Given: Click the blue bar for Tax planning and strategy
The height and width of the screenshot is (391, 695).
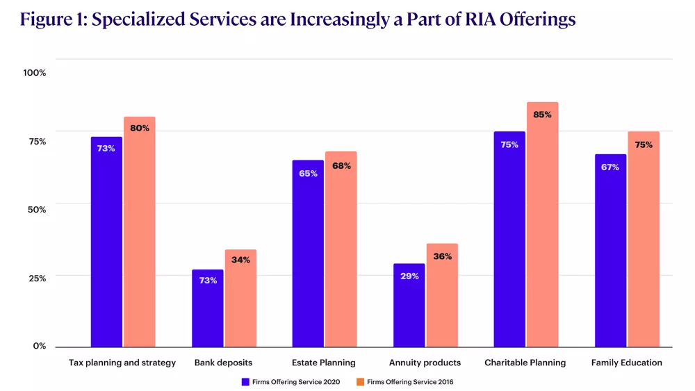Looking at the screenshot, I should point(106,243).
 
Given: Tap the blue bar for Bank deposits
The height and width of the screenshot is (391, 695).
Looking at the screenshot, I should point(207,309).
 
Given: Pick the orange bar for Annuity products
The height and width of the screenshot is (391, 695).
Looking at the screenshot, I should point(441,299).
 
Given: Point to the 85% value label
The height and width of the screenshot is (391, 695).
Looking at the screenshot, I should point(542,115).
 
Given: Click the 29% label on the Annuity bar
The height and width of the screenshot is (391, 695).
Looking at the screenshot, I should point(409,276).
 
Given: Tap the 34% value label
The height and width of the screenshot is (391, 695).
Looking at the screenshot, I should point(240,260).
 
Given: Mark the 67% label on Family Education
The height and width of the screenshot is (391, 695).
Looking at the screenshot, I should point(610,167).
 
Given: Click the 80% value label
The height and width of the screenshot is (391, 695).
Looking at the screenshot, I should point(140,128).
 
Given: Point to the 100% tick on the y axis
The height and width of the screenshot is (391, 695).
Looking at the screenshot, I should point(34,73).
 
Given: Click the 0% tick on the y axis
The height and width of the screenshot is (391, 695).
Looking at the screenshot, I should point(40,346).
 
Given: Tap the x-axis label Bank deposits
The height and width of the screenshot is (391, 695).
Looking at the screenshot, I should point(223,363).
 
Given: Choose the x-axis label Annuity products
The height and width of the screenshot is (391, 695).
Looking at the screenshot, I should point(425,363).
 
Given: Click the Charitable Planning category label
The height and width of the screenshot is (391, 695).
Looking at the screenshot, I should point(525,363).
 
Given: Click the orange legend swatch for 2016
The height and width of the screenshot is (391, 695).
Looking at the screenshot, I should point(360,381).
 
